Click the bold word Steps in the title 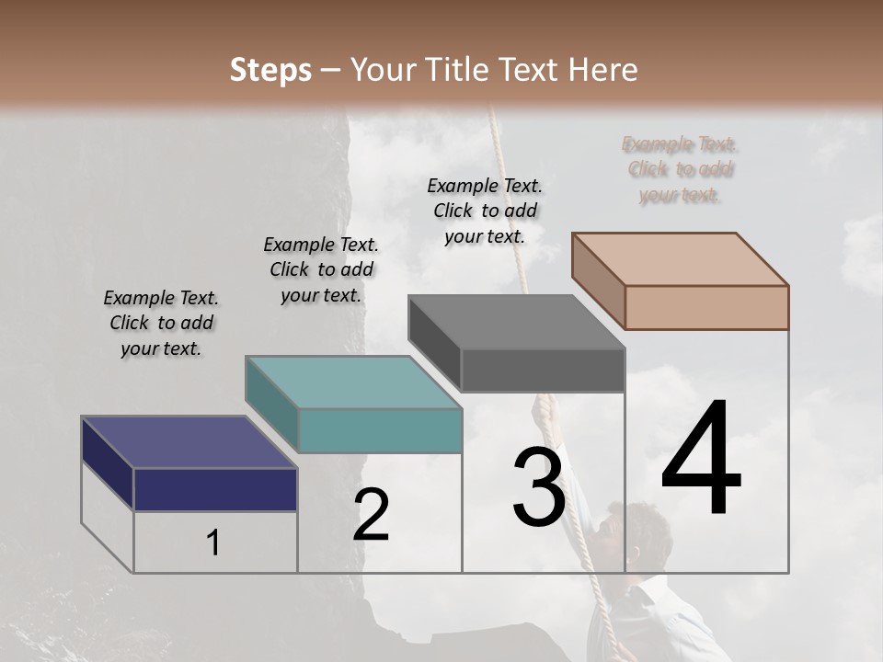[x=270, y=70]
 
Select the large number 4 [x=701, y=460]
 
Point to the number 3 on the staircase [x=538, y=486]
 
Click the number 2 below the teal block [x=371, y=515]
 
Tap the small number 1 [x=213, y=542]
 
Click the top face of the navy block [x=189, y=442]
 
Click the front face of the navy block [x=215, y=489]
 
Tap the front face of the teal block [x=380, y=430]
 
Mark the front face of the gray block [x=543, y=370]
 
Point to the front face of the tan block [x=706, y=307]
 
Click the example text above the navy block [x=161, y=323]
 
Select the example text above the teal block [x=321, y=269]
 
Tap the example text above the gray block [x=485, y=211]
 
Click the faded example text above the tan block [x=681, y=169]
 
